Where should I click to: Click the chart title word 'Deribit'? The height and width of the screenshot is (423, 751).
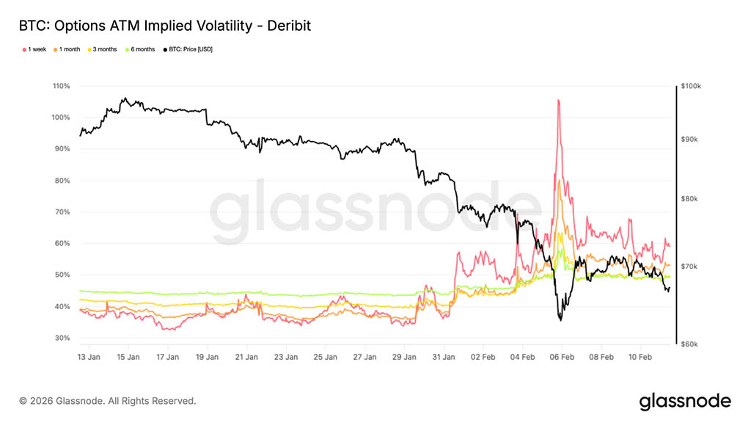pyautogui.click(x=288, y=26)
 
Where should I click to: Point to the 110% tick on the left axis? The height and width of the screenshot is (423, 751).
pyautogui.click(x=61, y=86)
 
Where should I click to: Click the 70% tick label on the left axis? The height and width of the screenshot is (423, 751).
pyautogui.click(x=62, y=212)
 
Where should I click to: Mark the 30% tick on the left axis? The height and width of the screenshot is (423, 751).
pyautogui.click(x=62, y=338)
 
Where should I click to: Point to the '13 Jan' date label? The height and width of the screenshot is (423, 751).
pyautogui.click(x=89, y=357)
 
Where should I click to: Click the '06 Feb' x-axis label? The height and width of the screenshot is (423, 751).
pyautogui.click(x=563, y=357)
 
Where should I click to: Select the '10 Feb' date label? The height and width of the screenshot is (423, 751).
pyautogui.click(x=641, y=357)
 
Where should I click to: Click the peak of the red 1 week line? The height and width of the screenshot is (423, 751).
pyautogui.click(x=559, y=100)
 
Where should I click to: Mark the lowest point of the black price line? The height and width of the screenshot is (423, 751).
pyautogui.click(x=561, y=320)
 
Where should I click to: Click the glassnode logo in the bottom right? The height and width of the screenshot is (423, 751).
pyautogui.click(x=685, y=401)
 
